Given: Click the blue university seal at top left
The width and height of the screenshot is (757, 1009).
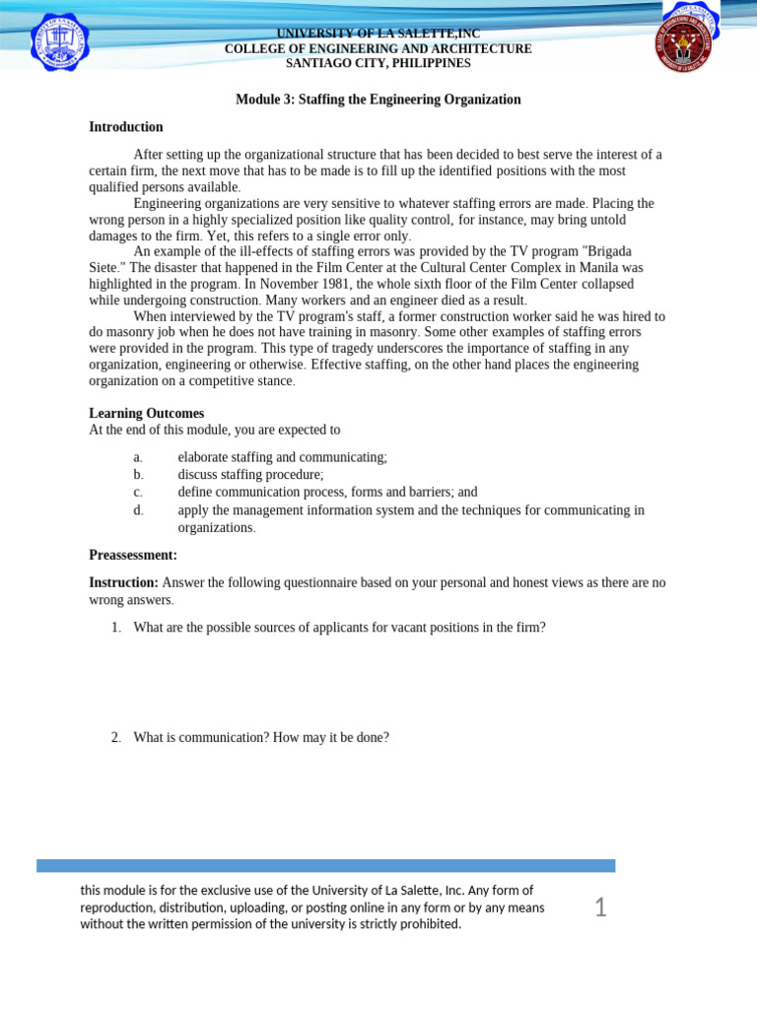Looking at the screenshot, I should (x=59, y=41).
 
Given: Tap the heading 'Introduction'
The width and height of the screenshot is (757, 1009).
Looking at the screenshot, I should (x=126, y=127).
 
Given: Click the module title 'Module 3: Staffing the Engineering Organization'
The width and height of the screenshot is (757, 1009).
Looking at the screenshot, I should (x=378, y=100).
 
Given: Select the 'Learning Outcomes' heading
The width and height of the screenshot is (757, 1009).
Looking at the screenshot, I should (x=147, y=414).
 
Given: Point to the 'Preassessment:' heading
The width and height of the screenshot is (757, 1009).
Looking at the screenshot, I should (x=133, y=555).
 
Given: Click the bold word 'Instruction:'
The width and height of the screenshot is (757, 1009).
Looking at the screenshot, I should (x=124, y=582).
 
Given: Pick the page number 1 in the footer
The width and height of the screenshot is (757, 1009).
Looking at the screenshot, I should (x=600, y=908).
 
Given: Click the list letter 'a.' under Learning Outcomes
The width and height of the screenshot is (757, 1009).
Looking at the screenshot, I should (x=138, y=457).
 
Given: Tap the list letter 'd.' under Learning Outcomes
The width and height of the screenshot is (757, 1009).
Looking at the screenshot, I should (x=138, y=510).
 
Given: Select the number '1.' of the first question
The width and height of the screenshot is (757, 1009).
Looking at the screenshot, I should (x=116, y=627).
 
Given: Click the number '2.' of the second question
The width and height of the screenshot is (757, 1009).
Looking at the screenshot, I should (x=116, y=736).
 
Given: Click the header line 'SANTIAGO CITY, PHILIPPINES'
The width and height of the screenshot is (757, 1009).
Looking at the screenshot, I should (x=378, y=63).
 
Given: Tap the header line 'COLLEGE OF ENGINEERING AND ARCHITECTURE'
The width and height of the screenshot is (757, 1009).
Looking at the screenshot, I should (x=378, y=48).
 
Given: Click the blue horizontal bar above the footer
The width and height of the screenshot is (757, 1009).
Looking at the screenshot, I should (x=325, y=865).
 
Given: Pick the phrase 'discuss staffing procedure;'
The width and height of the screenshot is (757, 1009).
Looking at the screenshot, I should (x=250, y=475).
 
